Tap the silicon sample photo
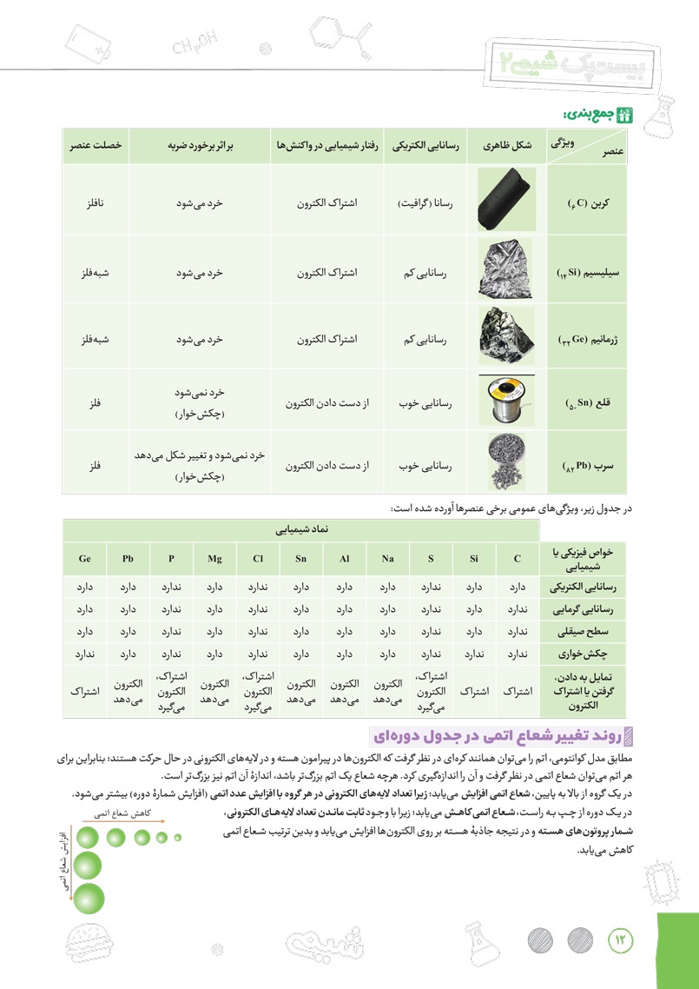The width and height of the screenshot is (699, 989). [507, 270]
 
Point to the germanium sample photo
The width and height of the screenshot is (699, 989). [507, 335]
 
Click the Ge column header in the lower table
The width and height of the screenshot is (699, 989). [84, 559]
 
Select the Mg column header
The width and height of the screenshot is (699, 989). [214, 559]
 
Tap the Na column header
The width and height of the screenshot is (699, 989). [387, 559]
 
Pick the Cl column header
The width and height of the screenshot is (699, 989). [258, 559]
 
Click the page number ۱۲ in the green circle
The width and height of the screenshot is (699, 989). [622, 939]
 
